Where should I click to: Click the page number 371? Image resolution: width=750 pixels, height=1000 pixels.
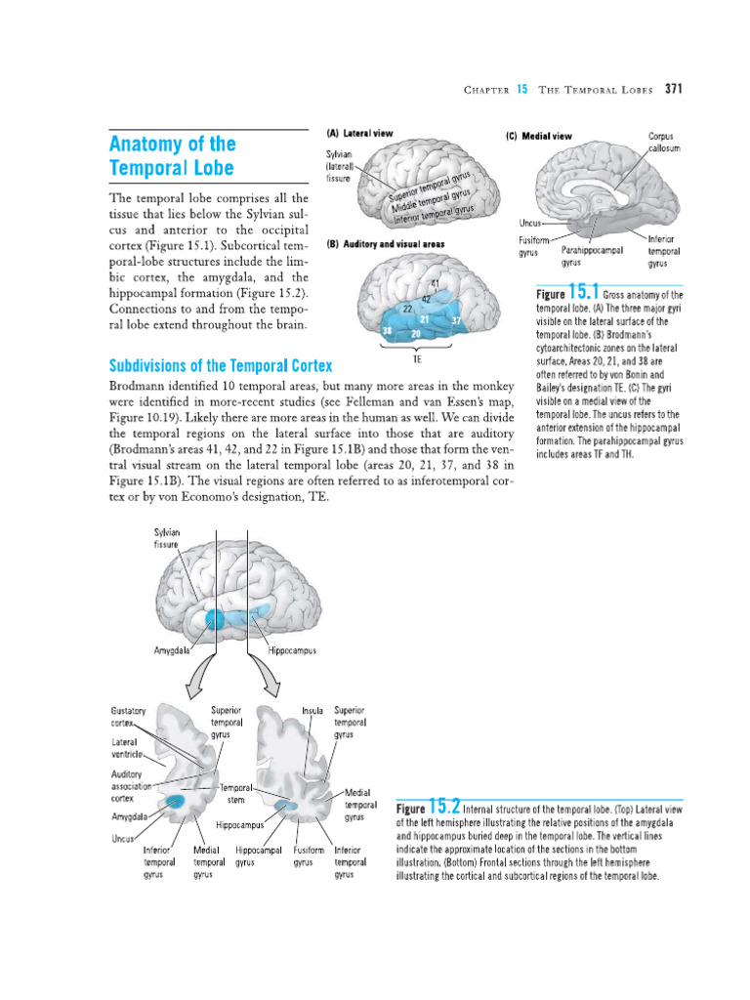[x=673, y=89]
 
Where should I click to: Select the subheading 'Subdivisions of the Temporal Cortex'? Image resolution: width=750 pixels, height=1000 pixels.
[x=220, y=366]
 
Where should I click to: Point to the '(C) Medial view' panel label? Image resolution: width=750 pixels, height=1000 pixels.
[x=539, y=137]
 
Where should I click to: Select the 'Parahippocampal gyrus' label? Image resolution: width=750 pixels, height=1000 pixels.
[x=592, y=256]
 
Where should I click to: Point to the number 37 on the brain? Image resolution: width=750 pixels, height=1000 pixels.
[x=456, y=320]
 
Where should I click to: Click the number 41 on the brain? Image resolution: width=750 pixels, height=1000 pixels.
[x=434, y=284]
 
